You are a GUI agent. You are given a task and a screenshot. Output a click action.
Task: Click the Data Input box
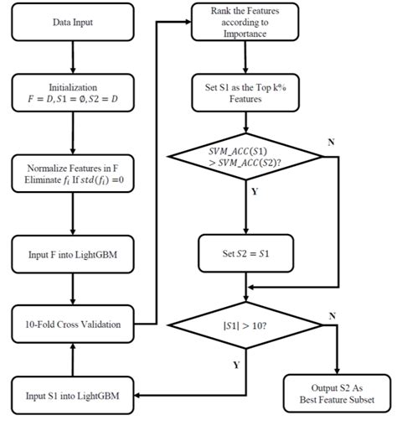73,22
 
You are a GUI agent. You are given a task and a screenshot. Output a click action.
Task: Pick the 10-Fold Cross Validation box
73,323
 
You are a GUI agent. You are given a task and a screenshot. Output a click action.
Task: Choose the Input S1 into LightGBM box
73,395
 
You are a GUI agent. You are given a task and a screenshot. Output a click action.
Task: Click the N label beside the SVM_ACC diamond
330,142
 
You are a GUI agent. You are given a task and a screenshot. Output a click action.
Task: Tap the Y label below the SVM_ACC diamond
255,191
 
